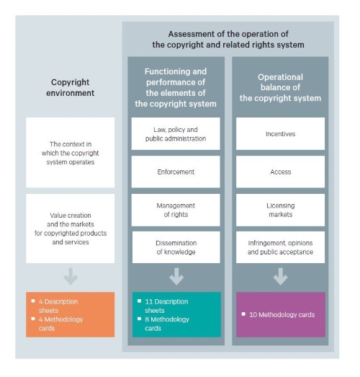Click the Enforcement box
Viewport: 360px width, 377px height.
click(x=176, y=172)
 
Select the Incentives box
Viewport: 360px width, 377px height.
click(x=280, y=133)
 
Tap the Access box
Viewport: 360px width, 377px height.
click(x=280, y=172)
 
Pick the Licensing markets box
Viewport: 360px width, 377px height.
click(x=280, y=210)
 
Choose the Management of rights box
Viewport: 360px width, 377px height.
click(x=176, y=210)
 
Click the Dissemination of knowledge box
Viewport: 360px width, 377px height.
click(x=176, y=247)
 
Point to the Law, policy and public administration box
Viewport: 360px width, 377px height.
click(x=176, y=133)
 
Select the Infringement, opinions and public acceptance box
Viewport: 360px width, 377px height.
click(x=280, y=247)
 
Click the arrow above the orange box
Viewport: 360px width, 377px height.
click(x=71, y=277)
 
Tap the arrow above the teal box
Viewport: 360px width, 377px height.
click(x=176, y=277)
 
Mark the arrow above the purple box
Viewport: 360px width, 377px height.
click(x=281, y=277)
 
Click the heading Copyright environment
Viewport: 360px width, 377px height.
click(x=70, y=87)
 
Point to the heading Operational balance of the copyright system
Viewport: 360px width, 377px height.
click(x=280, y=87)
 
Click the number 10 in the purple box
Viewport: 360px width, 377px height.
click(x=253, y=315)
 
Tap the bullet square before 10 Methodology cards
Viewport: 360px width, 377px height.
click(x=243, y=314)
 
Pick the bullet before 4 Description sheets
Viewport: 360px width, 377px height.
click(x=33, y=301)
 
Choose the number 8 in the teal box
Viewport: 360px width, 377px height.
click(x=147, y=319)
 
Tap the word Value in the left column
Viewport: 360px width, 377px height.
click(x=56, y=216)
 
